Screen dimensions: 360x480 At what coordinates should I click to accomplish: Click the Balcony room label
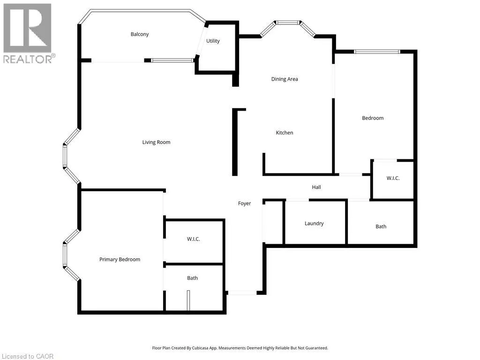click(140, 34)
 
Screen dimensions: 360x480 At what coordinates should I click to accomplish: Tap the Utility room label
click(213, 41)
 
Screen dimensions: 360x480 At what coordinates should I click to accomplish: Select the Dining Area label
click(285, 79)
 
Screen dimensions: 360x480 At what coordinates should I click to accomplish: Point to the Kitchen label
click(284, 133)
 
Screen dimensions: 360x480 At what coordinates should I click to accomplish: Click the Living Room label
click(156, 142)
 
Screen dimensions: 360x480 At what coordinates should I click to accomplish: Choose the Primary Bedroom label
click(120, 260)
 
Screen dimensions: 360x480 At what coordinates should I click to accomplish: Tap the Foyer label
click(244, 203)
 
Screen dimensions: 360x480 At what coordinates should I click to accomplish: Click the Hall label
click(316, 187)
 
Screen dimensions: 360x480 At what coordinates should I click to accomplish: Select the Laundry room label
click(314, 224)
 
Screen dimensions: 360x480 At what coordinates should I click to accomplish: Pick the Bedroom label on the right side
click(373, 118)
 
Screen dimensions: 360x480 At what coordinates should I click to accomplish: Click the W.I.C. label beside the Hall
click(393, 179)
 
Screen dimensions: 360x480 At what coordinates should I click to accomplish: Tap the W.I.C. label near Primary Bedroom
click(194, 240)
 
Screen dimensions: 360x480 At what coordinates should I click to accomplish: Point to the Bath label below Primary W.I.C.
click(192, 278)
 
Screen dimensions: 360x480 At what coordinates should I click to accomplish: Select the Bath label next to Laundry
click(381, 227)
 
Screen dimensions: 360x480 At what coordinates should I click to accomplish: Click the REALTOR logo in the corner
click(28, 33)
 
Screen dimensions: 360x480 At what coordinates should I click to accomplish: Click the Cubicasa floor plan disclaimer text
click(240, 348)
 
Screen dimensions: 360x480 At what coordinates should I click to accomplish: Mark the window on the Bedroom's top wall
click(377, 52)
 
